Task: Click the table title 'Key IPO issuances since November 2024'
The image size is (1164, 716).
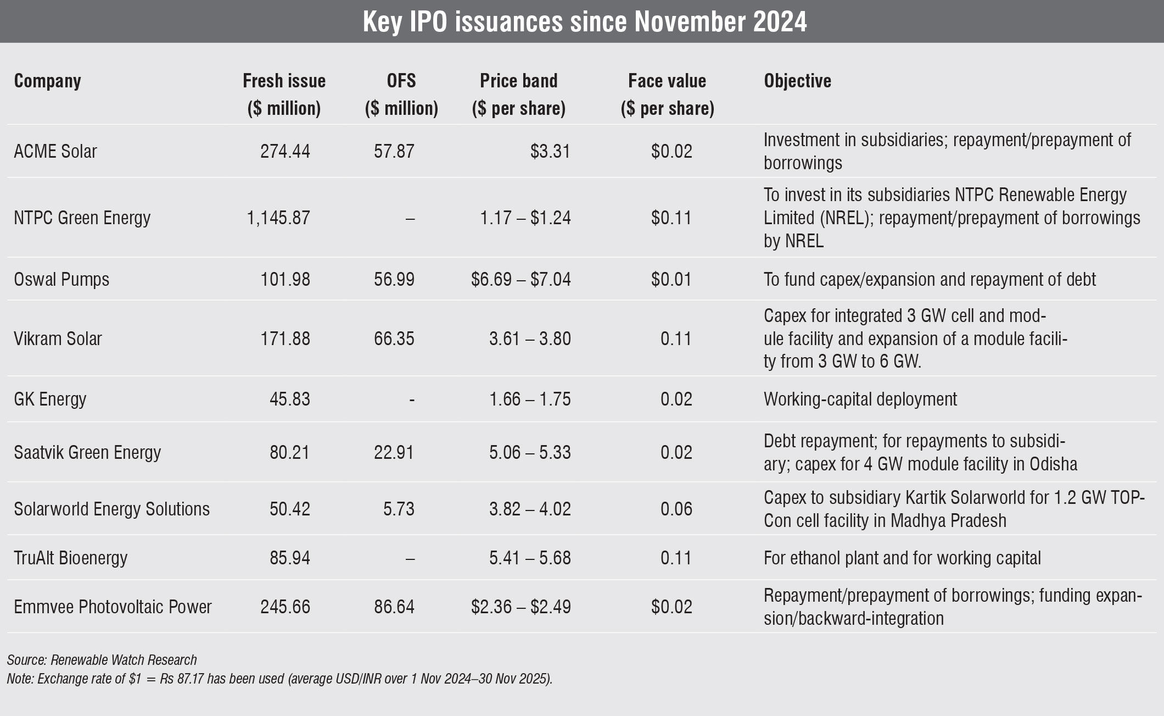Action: click(x=584, y=22)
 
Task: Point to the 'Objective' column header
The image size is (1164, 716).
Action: click(x=797, y=81)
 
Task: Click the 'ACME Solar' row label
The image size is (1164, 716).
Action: click(x=55, y=151)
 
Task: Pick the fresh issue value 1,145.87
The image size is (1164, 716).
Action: click(x=278, y=218)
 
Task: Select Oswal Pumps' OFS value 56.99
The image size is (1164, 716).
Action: click(x=394, y=280)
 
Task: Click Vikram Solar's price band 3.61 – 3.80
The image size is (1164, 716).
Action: click(x=530, y=338)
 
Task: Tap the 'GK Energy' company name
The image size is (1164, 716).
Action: click(x=50, y=399)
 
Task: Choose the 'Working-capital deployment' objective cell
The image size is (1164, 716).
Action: click(x=860, y=399)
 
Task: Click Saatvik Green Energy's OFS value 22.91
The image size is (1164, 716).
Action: click(x=394, y=452)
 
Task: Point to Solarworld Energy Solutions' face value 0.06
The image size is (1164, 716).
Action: click(x=676, y=509)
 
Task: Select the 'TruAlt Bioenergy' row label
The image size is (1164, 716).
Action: click(x=71, y=558)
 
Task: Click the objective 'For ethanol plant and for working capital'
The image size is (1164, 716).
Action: click(x=902, y=558)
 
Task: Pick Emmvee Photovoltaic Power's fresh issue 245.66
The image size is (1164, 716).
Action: click(x=286, y=607)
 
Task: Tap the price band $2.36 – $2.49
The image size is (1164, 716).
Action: click(x=521, y=607)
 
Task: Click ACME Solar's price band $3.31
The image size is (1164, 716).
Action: click(x=550, y=151)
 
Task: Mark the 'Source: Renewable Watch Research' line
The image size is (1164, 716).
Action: click(x=102, y=660)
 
